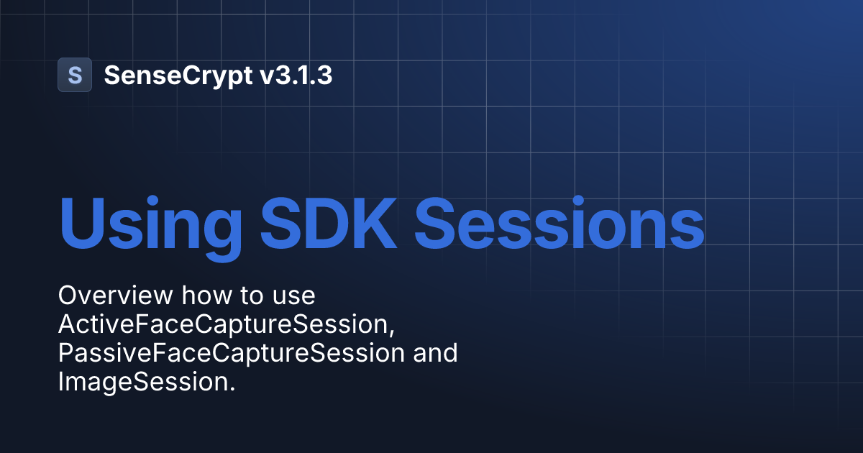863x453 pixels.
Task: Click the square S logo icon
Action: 75,75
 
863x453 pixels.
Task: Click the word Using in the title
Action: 150,219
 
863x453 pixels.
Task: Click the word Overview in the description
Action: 115,296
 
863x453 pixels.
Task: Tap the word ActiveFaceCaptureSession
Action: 224,325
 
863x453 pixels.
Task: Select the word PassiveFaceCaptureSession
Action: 231,354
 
